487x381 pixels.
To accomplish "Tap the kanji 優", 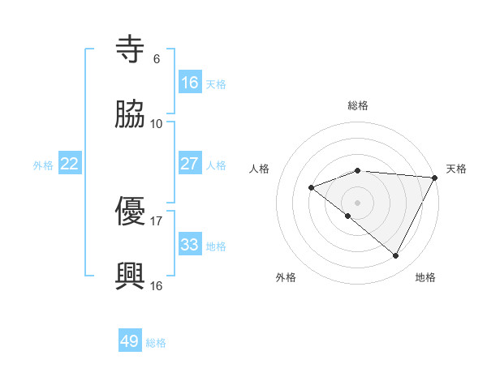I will pos(131,212).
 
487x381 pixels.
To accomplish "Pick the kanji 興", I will pos(131,276).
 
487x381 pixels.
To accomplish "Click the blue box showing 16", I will pos(190,83).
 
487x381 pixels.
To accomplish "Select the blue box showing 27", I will pos(190,164).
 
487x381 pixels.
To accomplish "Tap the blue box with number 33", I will pos(190,245).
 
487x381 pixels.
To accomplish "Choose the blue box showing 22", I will pos(70,164).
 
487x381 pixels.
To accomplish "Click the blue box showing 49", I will pos(130,341).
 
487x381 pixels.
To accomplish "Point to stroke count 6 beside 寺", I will pos(156,59).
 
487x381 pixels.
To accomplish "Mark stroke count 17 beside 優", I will pos(157,220).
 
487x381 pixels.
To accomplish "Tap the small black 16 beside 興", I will pos(157,285).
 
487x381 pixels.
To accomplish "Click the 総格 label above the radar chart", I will pos(358,105).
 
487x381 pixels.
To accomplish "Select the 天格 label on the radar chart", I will pos(456,169).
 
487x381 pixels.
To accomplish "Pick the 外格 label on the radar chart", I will pos(286,277).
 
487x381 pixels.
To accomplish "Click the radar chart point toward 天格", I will pos(435,177).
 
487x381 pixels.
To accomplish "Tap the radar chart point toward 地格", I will pos(396,256).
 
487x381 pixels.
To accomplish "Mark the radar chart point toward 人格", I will pos(311,187).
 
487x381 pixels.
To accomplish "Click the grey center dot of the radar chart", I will pos(358,202).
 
